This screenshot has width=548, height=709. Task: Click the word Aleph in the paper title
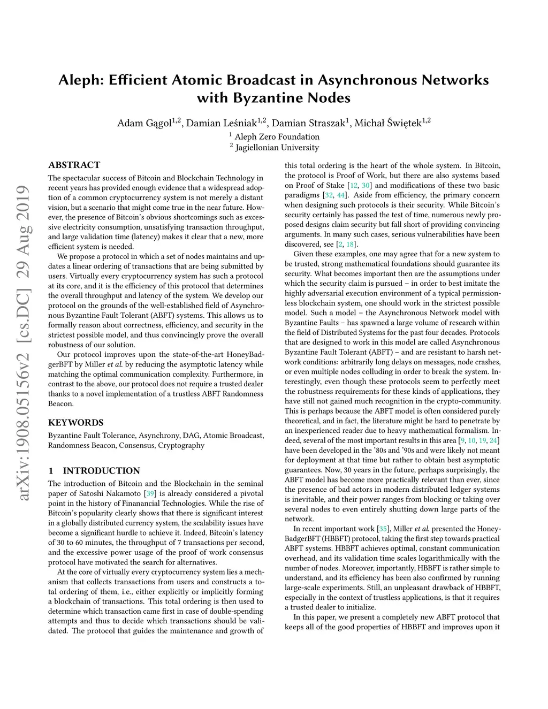click(x=80, y=80)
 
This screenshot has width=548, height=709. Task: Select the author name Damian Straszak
click(x=309, y=123)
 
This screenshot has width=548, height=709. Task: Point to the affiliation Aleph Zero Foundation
click(x=277, y=137)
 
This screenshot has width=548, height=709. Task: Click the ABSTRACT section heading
click(x=74, y=165)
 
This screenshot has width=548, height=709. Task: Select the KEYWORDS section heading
click(x=75, y=422)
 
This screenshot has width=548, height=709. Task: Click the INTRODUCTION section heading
click(x=101, y=471)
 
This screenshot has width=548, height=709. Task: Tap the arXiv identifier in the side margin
click(x=22, y=342)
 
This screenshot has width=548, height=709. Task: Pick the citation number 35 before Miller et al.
click(x=383, y=529)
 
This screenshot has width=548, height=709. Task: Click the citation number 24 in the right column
click(x=493, y=440)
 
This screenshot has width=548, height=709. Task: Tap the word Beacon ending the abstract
click(x=60, y=403)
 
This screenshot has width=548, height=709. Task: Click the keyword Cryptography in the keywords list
click(x=181, y=445)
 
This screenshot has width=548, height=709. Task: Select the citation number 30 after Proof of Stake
click(x=366, y=186)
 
